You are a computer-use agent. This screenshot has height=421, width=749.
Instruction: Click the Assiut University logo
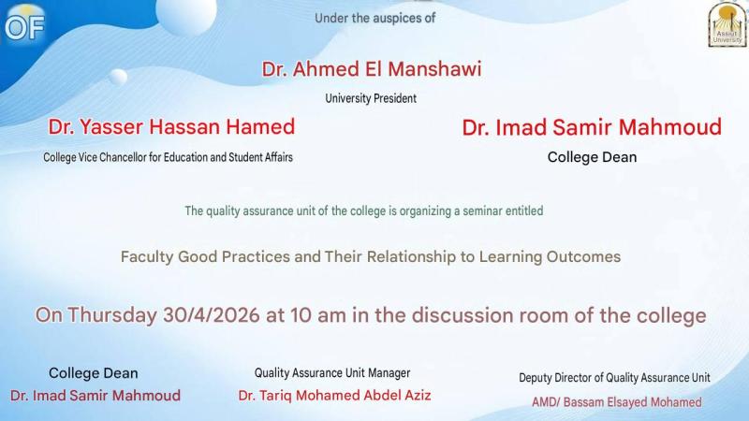point(727,24)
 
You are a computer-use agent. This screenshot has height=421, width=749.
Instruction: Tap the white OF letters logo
point(25,27)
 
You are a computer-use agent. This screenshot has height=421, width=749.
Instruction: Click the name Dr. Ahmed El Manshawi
point(371,69)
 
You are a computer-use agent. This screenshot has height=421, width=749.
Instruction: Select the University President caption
point(371,98)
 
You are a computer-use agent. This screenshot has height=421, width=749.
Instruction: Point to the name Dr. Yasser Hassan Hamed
point(171,127)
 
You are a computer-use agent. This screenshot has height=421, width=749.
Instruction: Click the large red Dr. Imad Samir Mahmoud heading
point(592,127)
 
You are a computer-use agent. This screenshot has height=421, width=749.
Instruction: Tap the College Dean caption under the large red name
point(592,157)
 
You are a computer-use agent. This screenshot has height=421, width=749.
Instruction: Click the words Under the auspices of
point(375,18)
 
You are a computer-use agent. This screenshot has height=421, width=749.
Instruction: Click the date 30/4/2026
point(212,315)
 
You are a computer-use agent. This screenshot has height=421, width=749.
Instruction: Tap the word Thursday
point(111,315)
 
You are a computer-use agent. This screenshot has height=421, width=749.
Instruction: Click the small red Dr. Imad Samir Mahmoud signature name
point(95,395)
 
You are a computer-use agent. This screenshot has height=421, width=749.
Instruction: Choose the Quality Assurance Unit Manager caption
point(332,372)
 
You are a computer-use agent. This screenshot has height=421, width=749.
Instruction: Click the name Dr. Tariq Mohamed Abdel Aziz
point(334,395)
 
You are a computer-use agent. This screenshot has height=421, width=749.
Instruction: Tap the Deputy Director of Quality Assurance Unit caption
point(614,378)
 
